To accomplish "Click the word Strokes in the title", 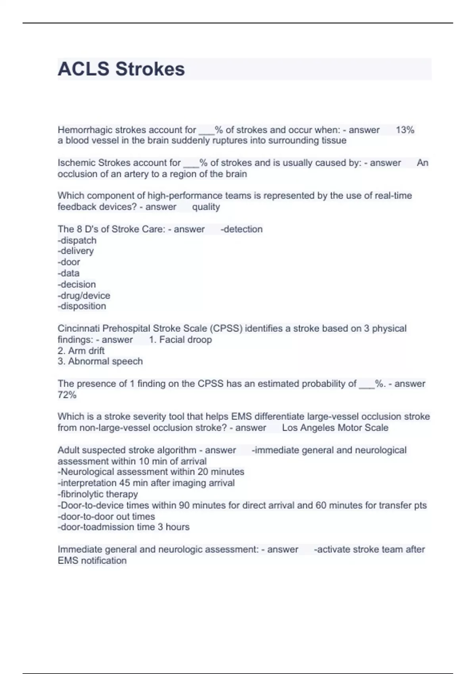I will [x=150, y=69].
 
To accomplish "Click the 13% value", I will [x=405, y=130].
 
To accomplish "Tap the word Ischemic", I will [x=77, y=163].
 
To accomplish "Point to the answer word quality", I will [x=206, y=207].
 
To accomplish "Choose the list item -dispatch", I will [x=77, y=240].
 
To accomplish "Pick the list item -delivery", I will [x=76, y=251].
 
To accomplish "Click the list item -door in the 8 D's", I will [x=69, y=262].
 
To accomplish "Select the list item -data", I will [x=69, y=273].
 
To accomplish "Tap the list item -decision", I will [x=77, y=284].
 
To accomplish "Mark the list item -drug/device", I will [x=84, y=295].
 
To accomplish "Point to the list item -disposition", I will [x=82, y=306].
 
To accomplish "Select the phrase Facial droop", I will [x=185, y=340].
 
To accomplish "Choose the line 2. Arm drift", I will [x=81, y=351].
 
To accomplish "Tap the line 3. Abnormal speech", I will [x=100, y=362].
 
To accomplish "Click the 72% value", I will [x=67, y=395].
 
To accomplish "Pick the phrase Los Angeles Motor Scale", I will [x=335, y=428].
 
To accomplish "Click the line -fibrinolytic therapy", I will [x=98, y=494].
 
